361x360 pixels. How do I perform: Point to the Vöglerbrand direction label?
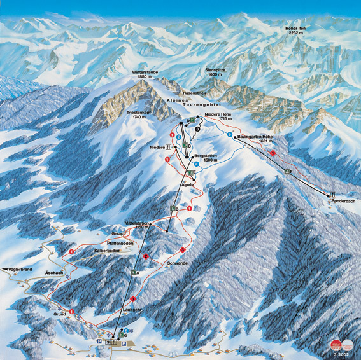tap(18, 270)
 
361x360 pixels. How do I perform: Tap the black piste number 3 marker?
tap(199, 128)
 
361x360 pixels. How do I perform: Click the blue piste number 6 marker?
tap(229, 134)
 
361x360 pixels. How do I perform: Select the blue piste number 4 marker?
tap(197, 164)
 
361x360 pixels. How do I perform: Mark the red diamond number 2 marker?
tap(146, 256)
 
